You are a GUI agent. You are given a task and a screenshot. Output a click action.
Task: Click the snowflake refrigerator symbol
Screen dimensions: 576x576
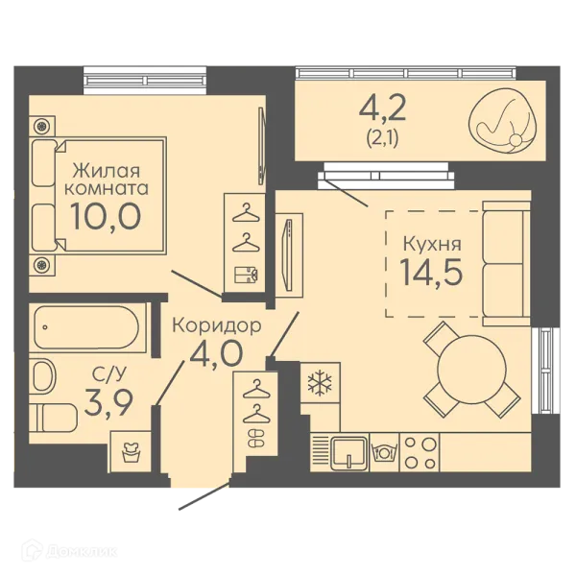click(320, 384)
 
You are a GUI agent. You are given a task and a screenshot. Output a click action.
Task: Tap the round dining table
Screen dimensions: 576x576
click(471, 370)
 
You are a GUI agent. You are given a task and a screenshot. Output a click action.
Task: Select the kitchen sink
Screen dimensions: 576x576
click(349, 453)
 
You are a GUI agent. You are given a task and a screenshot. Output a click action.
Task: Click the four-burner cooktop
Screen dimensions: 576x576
click(420, 453)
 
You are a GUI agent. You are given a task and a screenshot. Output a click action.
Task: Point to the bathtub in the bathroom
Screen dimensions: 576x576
click(86, 327)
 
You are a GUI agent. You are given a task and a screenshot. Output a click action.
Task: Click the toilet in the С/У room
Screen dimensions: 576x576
click(54, 418)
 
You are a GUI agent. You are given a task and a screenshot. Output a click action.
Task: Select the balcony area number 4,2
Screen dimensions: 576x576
click(382, 108)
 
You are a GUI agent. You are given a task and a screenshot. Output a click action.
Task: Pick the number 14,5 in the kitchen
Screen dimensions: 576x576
click(431, 272)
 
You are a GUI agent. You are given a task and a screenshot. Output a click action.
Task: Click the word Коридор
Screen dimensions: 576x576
click(217, 325)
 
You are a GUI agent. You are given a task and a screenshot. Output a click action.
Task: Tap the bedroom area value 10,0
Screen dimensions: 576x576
click(106, 216)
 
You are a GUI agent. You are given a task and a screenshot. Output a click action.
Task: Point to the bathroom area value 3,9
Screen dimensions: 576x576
click(108, 403)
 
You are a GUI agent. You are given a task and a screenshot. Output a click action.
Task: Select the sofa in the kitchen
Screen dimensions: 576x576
click(506, 263)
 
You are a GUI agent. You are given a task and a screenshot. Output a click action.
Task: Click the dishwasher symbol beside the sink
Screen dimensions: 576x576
click(384, 452)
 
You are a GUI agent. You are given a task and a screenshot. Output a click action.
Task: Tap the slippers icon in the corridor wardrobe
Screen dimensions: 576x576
click(256, 439)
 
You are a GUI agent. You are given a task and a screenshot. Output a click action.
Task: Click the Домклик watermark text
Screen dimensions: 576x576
click(82, 551)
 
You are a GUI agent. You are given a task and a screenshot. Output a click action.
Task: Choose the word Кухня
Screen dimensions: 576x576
click(432, 244)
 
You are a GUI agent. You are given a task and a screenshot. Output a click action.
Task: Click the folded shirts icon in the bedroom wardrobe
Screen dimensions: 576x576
click(246, 275)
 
